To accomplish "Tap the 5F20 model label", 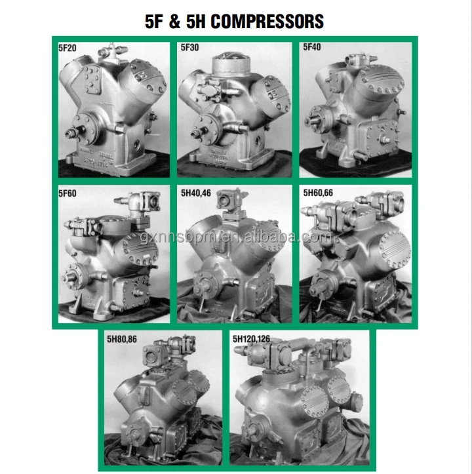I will [x=67, y=47].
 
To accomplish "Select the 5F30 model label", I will [x=189, y=47].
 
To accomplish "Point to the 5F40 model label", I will [x=313, y=47].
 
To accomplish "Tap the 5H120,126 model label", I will [x=252, y=340].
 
